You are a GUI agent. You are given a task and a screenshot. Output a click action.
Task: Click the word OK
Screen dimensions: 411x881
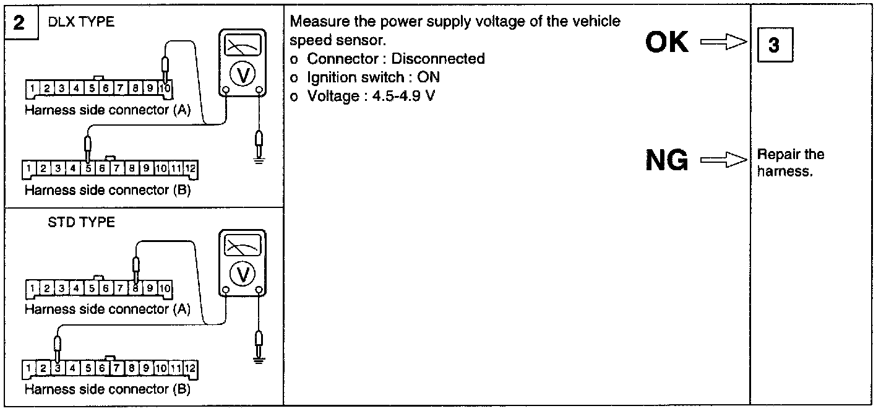pyautogui.click(x=667, y=43)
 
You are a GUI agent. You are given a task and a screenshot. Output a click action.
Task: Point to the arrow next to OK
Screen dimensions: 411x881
pyautogui.click(x=723, y=43)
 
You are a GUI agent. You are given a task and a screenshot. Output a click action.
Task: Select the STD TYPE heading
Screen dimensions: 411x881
pyautogui.click(x=81, y=222)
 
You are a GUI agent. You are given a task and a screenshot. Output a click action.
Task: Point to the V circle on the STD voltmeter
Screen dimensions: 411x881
pyautogui.click(x=243, y=274)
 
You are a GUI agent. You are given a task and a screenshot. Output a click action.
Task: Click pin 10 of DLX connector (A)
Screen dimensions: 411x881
pyautogui.click(x=165, y=89)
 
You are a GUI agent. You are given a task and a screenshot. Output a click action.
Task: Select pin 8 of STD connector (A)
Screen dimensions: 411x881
pyautogui.click(x=135, y=288)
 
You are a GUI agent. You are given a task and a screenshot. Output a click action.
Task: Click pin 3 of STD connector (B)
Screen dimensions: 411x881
pyautogui.click(x=58, y=368)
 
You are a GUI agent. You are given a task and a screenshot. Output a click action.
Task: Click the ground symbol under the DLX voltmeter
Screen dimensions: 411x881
pyautogui.click(x=260, y=158)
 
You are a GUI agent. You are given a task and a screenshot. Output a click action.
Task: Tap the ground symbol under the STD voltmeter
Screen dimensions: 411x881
pyautogui.click(x=260, y=359)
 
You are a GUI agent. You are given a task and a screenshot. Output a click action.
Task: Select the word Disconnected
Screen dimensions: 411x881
pyautogui.click(x=438, y=59)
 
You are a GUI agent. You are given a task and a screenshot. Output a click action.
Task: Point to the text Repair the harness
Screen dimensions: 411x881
pyautogui.click(x=791, y=163)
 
